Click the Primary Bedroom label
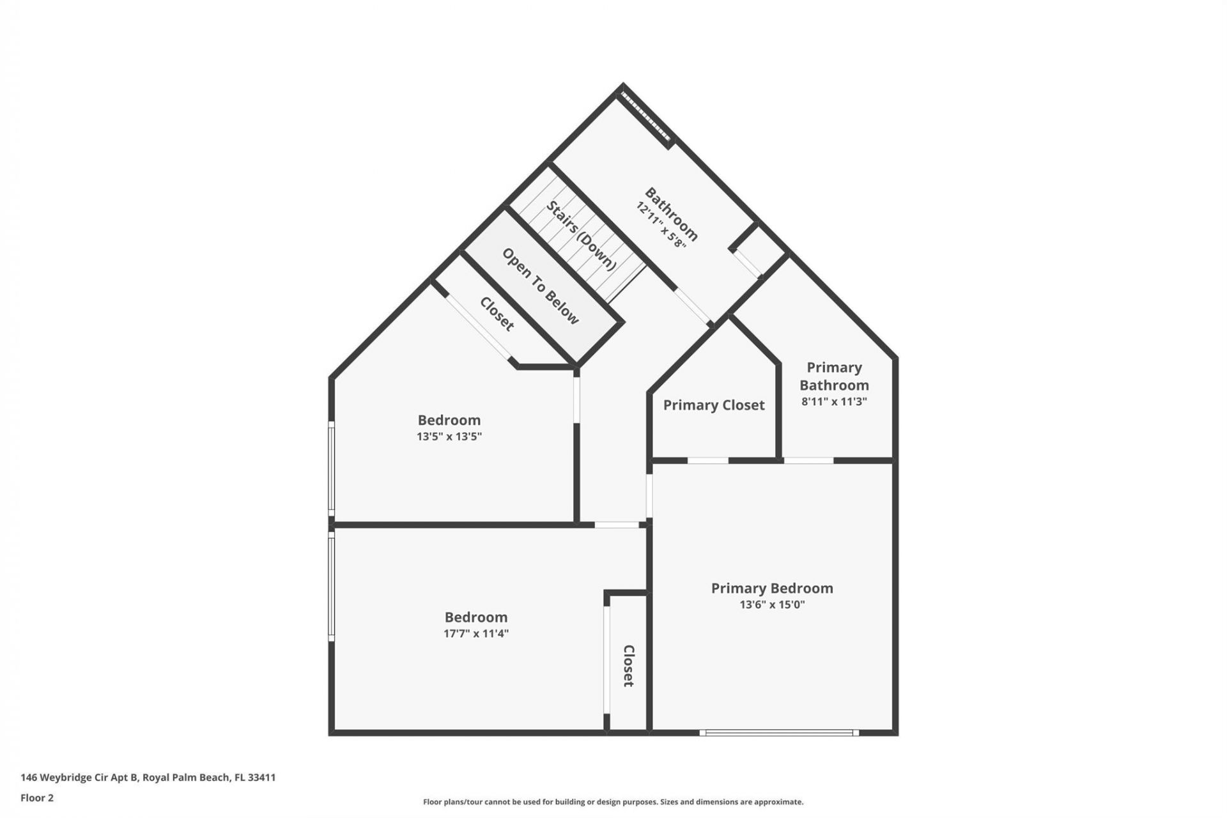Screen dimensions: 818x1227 772,588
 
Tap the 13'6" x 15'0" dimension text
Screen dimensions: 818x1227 772,605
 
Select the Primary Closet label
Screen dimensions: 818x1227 713,405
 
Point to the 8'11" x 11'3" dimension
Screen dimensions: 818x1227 834,402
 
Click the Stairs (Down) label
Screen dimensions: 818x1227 581,235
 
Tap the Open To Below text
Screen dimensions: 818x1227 541,286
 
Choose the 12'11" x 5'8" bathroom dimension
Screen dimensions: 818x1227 660,226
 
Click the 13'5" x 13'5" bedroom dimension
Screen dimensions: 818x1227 449,437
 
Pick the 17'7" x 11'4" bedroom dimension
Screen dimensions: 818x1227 476,634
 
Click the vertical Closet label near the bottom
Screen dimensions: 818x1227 628,665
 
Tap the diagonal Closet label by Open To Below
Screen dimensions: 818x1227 497,314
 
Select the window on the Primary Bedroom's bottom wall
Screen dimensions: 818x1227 778,733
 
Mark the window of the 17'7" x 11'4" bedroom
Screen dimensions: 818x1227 331,587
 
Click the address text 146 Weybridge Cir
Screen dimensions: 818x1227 148,778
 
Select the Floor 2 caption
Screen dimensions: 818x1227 37,798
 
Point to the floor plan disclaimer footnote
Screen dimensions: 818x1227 613,802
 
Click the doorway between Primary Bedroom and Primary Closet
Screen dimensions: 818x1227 707,460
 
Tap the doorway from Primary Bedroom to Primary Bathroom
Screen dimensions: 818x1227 808,460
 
